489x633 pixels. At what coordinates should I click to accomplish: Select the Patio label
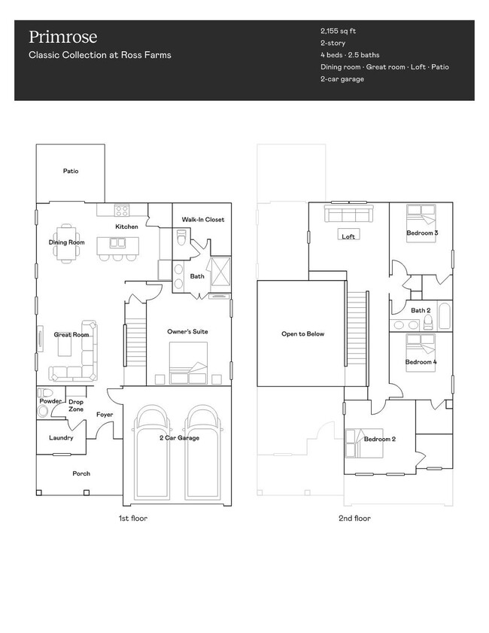[70, 171]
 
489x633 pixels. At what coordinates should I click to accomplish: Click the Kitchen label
[126, 227]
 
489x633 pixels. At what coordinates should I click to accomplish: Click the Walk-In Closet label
[202, 220]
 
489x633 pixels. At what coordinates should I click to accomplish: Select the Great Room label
[71, 334]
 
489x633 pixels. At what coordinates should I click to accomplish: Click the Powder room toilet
[45, 393]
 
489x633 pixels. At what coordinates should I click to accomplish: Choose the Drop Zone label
[76, 406]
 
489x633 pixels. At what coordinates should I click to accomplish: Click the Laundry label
[61, 437]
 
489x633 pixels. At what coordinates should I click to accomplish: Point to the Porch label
[80, 473]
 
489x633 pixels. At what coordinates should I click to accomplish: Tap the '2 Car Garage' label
[179, 437]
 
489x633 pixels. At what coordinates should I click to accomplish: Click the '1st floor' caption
[132, 518]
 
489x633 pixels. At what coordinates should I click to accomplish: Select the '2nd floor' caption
[354, 518]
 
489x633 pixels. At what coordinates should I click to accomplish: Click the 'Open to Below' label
[302, 333]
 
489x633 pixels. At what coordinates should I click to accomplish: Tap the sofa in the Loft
[348, 216]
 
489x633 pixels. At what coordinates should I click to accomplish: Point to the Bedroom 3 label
[422, 233]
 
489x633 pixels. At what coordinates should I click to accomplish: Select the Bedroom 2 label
[379, 439]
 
